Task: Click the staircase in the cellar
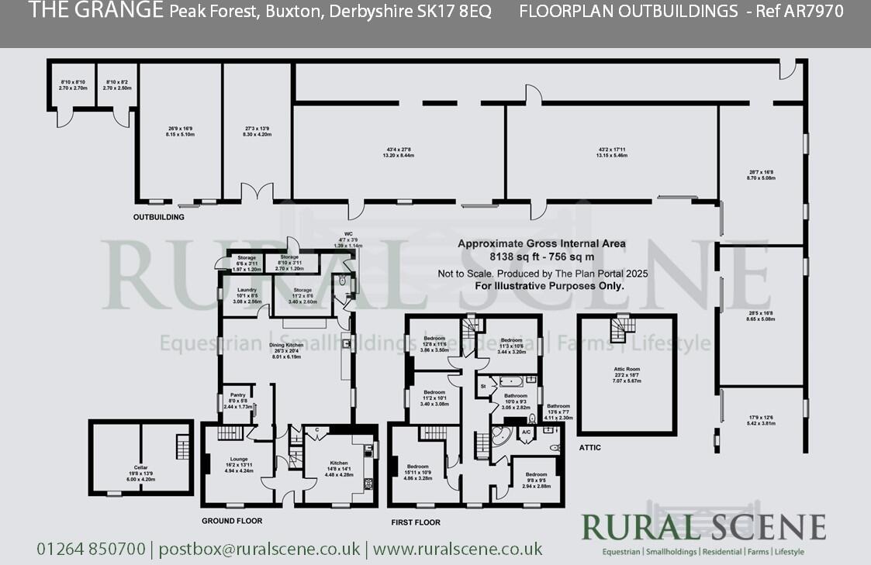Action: point(183,447)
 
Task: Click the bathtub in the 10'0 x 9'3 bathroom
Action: point(512,381)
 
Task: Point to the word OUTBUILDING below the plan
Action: point(159,217)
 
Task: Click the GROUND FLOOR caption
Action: point(232,521)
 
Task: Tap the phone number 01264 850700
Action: point(91,549)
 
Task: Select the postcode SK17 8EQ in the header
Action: point(457,12)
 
